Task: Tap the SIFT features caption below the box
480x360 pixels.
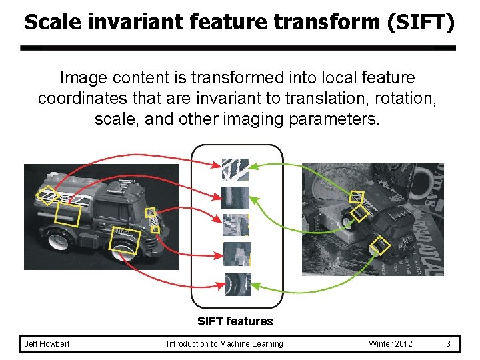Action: coord(235,321)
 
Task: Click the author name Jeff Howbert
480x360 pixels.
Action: coord(47,344)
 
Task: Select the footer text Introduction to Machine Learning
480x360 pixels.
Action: coord(225,344)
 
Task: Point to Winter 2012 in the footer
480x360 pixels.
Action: coord(391,344)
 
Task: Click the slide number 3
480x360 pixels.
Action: coord(449,344)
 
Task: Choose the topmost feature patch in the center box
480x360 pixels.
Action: coord(235,170)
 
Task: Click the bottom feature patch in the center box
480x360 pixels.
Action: coord(237,285)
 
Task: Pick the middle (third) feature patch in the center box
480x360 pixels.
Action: coord(235,225)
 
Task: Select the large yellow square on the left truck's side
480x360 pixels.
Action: coord(67,216)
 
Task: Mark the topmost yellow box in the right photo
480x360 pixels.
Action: coord(357,197)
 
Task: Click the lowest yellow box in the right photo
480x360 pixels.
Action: coord(380,245)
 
